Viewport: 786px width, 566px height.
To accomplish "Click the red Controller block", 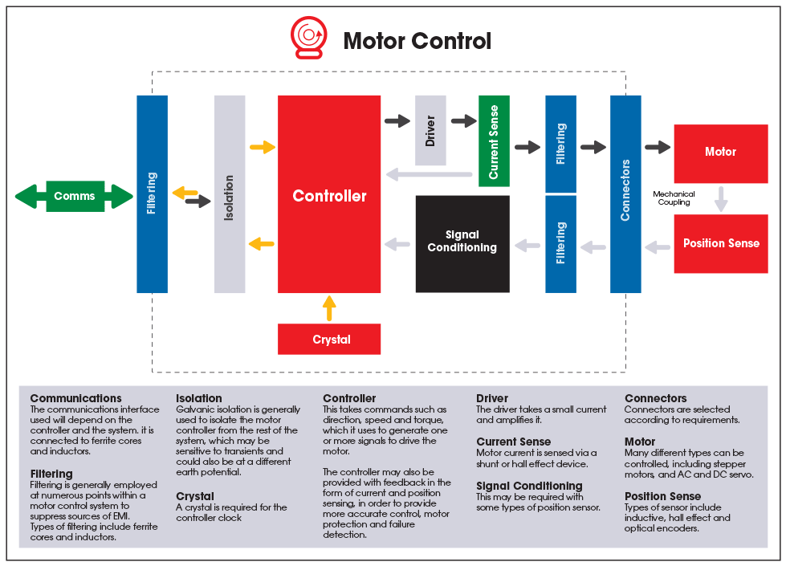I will pyautogui.click(x=329, y=195).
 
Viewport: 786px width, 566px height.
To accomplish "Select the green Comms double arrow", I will pyautogui.click(x=74, y=196).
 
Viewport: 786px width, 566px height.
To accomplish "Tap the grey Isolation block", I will pyautogui.click(x=230, y=194).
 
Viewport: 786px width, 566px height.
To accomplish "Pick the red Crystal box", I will pyautogui.click(x=329, y=339).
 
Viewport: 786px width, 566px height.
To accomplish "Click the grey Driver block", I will pyautogui.click(x=430, y=130).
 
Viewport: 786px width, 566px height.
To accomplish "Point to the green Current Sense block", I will pyautogui.click(x=494, y=141).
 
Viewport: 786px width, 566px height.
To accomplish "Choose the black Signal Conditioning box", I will pyautogui.click(x=462, y=243).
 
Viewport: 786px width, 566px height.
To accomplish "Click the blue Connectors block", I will pyautogui.click(x=625, y=193).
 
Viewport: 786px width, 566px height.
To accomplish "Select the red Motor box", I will pyautogui.click(x=720, y=152).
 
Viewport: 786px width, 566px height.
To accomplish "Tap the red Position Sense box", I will pyautogui.click(x=720, y=243).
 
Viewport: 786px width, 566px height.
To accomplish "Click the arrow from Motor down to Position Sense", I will pyautogui.click(x=721, y=198).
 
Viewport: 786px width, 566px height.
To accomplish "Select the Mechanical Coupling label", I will pyautogui.click(x=674, y=198).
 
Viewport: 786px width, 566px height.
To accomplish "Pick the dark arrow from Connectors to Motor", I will pyautogui.click(x=658, y=147).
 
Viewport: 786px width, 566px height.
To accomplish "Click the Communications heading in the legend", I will pyautogui.click(x=75, y=398).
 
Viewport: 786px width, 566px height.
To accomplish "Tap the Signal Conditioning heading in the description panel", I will pyautogui.click(x=529, y=486).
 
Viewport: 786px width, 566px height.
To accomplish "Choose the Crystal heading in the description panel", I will pyautogui.click(x=195, y=496).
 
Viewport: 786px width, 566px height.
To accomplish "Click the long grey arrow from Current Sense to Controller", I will pyautogui.click(x=429, y=174).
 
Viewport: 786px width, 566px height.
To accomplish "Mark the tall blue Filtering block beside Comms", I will pyautogui.click(x=152, y=193).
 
